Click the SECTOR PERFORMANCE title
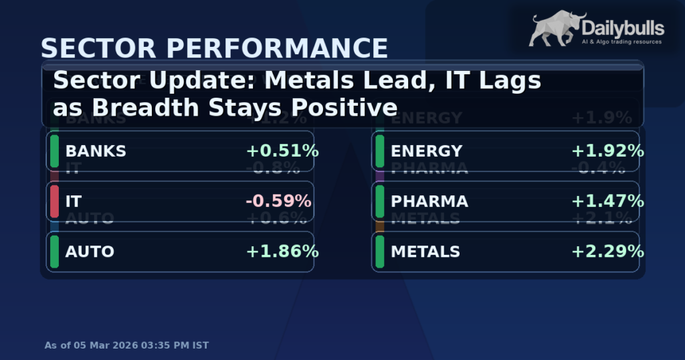(214, 49)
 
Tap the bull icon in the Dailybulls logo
(556, 30)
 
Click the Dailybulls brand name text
(622, 28)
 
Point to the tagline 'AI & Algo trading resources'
(622, 42)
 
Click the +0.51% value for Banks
(282, 151)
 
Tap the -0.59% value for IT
(278, 201)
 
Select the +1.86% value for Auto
(282, 252)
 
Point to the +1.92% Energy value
(607, 151)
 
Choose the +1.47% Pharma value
(607, 201)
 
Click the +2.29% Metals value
(607, 252)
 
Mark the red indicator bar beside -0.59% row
(54, 201)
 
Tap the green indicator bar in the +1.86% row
(54, 252)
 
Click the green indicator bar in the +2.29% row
(379, 252)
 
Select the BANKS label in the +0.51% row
(96, 151)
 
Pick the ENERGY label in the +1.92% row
(426, 151)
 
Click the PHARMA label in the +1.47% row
(429, 201)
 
